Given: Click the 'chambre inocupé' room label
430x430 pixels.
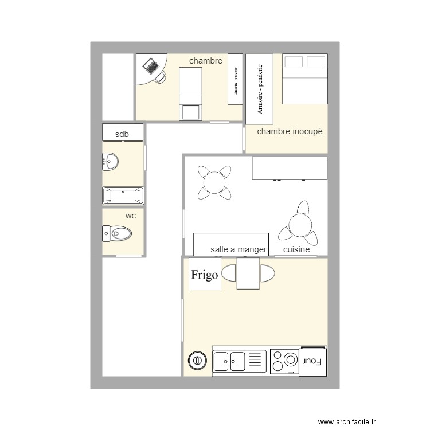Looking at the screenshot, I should (x=290, y=131).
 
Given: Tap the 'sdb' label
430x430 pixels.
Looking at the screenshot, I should (x=122, y=135).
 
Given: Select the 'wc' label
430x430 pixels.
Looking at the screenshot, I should (x=131, y=216).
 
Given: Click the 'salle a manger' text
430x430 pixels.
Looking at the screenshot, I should (x=239, y=249).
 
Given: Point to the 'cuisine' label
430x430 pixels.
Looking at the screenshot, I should (x=296, y=249).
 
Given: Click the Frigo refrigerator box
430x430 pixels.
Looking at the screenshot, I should (x=205, y=275).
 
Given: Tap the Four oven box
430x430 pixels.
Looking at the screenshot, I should (x=312, y=361).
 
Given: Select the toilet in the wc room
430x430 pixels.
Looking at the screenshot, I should (x=118, y=233).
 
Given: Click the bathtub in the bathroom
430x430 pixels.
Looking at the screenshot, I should (x=123, y=196).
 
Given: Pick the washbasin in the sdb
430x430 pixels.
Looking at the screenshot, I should (x=111, y=162).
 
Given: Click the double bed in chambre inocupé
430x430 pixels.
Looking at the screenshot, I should (x=304, y=79).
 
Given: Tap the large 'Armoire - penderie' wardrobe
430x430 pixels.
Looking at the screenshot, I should (x=260, y=89).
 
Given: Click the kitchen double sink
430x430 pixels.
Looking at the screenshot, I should (x=229, y=361).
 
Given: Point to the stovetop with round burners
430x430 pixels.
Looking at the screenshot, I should (x=284, y=361).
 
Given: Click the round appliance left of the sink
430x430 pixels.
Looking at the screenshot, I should (x=197, y=361).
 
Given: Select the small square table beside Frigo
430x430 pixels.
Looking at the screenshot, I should (x=248, y=273).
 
